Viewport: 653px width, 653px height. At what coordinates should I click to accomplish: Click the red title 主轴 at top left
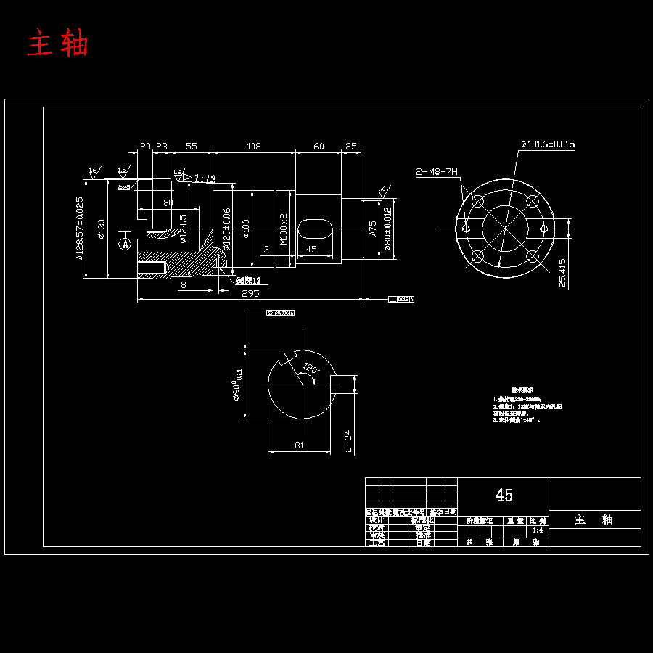click(57, 44)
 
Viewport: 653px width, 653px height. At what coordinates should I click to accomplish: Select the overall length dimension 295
click(250, 293)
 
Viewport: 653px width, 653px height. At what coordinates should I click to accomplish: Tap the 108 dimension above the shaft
click(253, 147)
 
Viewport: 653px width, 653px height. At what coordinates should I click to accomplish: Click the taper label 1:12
click(205, 178)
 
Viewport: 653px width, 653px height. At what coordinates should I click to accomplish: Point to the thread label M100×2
click(284, 227)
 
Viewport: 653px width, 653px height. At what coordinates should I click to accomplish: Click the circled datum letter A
click(126, 245)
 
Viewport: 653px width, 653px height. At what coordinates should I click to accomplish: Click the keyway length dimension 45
click(311, 250)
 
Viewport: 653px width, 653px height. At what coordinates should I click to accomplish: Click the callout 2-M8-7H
click(437, 172)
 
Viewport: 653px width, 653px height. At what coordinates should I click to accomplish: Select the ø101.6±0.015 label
click(547, 144)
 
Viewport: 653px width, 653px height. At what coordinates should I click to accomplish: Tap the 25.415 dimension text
click(563, 273)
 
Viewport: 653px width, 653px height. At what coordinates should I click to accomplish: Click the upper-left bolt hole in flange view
click(477, 202)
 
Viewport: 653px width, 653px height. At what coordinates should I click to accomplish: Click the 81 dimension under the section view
click(299, 445)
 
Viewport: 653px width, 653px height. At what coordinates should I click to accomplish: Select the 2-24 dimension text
click(348, 440)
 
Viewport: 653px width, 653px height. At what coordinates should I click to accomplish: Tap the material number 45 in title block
click(504, 495)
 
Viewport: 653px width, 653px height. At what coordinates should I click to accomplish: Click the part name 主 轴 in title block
click(594, 519)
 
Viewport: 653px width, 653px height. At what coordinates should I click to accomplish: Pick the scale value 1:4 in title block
click(537, 531)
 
